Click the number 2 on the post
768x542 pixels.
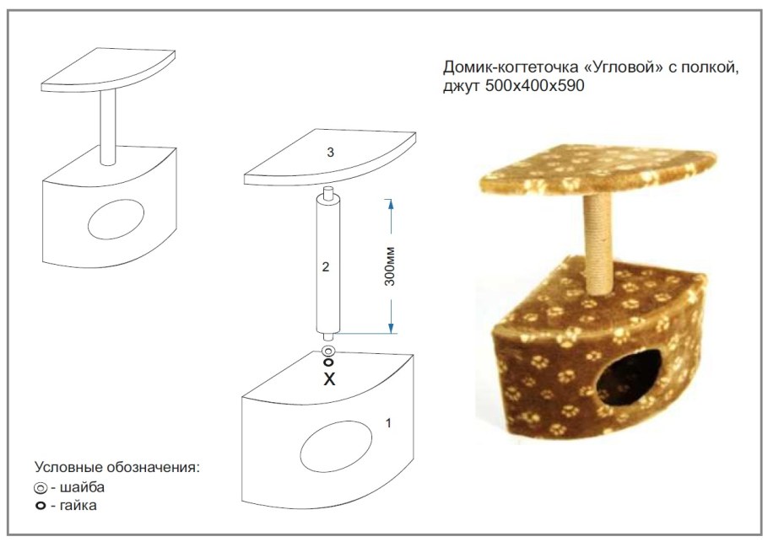pyautogui.click(x=326, y=267)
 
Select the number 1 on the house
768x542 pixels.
pyautogui.click(x=387, y=423)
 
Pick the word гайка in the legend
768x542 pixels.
pyautogui.click(x=81, y=506)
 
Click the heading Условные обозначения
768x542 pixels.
pyautogui.click(x=118, y=467)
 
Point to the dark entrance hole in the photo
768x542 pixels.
pyautogui.click(x=629, y=381)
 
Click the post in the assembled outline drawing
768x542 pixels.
pyautogui.click(x=107, y=126)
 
